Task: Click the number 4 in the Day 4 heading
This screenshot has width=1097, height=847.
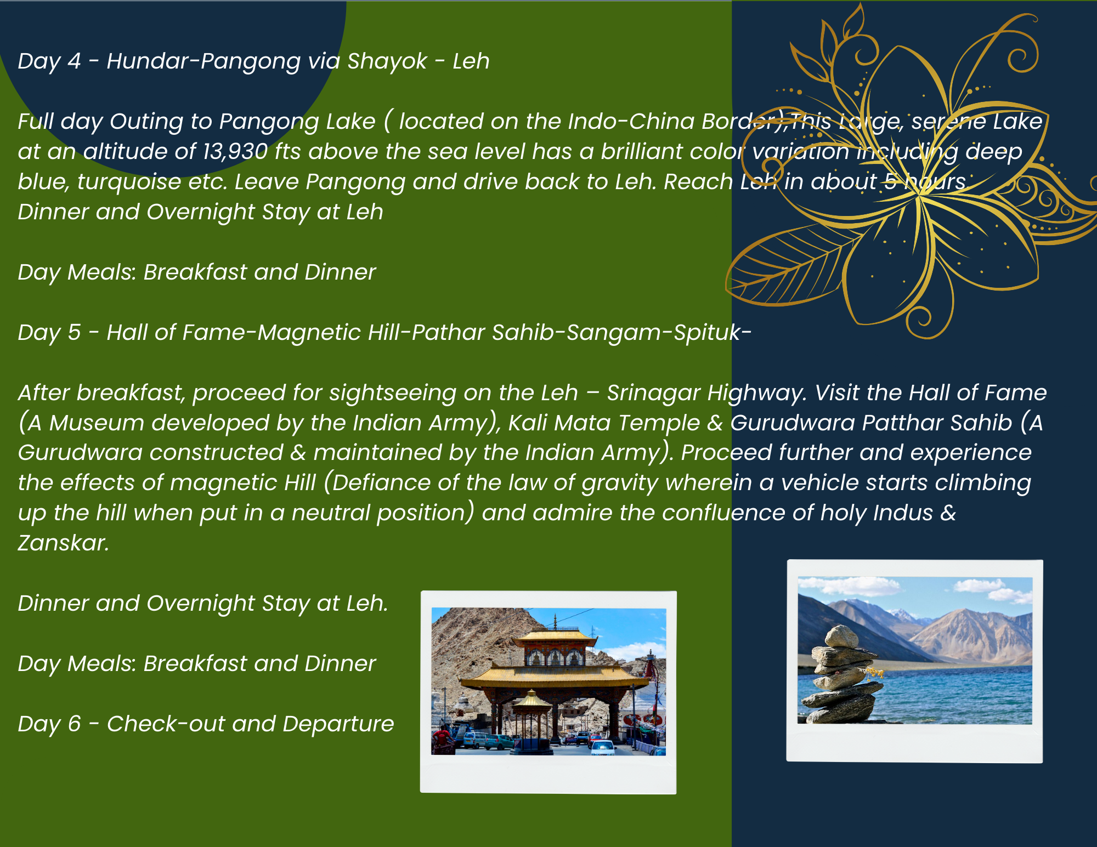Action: (75, 61)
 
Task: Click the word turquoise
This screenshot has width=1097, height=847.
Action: (129, 182)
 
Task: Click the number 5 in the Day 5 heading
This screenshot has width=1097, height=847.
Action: (75, 332)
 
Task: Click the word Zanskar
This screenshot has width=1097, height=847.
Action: (63, 543)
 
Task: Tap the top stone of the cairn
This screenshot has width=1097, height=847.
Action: (842, 636)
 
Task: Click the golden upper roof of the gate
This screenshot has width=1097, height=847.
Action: (555, 636)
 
